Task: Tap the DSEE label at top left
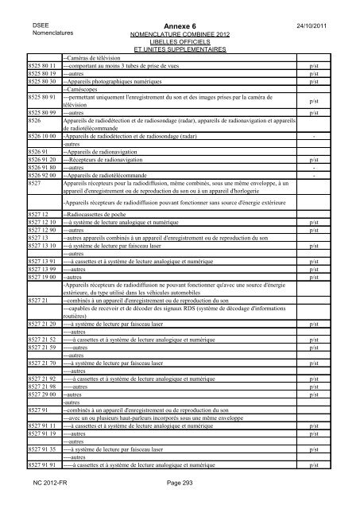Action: coord(37,25)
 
